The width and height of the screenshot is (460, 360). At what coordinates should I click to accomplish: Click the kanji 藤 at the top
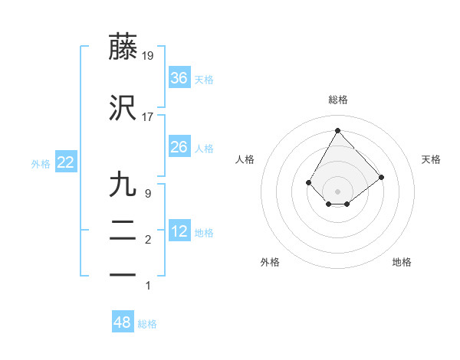tap(123, 47)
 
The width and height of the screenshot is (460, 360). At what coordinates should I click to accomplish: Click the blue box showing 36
tap(179, 77)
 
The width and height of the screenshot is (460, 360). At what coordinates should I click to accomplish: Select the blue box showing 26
tap(179, 146)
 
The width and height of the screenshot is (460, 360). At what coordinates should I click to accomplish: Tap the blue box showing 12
tap(179, 231)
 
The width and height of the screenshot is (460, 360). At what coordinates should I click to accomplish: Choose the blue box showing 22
tap(65, 162)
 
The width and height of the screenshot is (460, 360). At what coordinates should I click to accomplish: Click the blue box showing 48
tap(123, 322)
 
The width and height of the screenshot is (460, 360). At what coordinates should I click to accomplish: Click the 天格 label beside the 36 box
tap(204, 79)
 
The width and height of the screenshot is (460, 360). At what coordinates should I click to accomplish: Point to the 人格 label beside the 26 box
tap(204, 148)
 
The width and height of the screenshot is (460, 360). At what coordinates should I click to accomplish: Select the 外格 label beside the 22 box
tap(41, 163)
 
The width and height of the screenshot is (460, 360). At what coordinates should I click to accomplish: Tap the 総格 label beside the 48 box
tap(147, 324)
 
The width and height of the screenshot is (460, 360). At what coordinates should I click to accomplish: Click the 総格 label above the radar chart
tap(337, 100)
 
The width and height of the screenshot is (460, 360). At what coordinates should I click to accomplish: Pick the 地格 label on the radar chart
tap(402, 262)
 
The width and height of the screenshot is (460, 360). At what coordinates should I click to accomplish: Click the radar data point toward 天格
tap(381, 177)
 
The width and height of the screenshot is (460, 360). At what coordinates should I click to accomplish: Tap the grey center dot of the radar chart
tap(337, 191)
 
